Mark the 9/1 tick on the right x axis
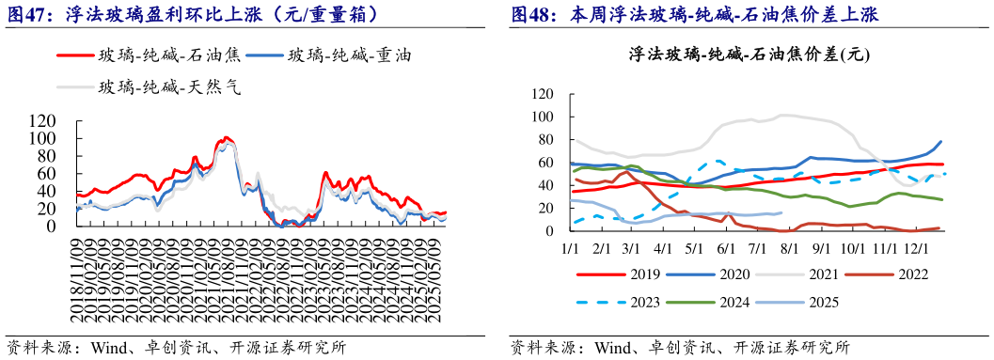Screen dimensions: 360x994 pyautogui.click(x=820, y=247)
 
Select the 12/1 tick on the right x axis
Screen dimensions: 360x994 pyautogui.click(x=916, y=247)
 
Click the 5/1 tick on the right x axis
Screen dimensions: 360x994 pyautogui.click(x=694, y=247)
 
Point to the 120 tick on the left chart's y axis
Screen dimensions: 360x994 pyautogui.click(x=42, y=120)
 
